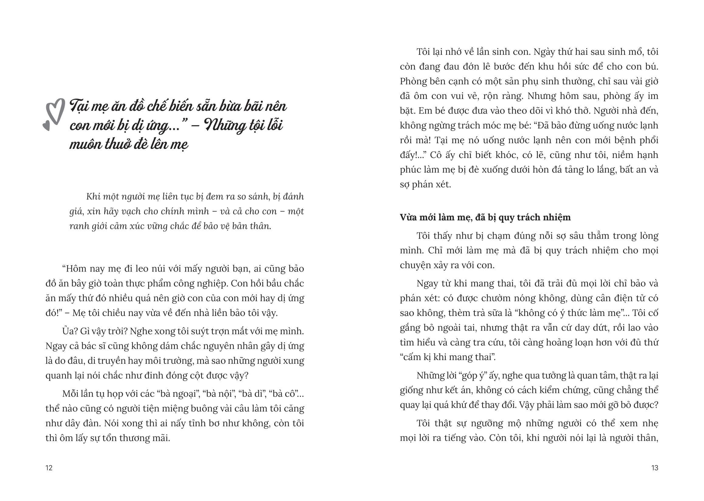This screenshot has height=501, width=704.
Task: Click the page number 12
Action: pyautogui.click(x=49, y=468)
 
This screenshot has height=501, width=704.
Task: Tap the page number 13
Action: pyautogui.click(x=655, y=468)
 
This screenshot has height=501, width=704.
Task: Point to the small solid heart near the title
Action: pyautogui.click(x=46, y=126)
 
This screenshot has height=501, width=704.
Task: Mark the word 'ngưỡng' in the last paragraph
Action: pyautogui.click(x=487, y=423)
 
